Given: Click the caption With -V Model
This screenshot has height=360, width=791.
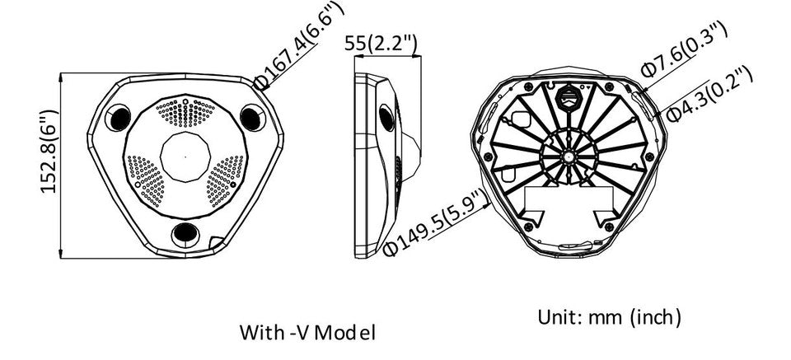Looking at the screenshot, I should pos(307,333).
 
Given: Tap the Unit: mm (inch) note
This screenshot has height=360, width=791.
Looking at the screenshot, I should pos(609,316).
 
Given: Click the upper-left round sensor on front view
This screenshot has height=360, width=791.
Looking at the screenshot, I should pos(119,117).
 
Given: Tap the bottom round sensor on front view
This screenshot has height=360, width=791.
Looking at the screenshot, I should pos(185,234).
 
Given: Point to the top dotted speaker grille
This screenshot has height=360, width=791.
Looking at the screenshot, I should pos(185,112).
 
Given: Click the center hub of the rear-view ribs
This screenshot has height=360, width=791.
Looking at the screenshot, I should pos(567,154).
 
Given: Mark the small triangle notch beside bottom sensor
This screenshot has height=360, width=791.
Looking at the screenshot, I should pos(216,242).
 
